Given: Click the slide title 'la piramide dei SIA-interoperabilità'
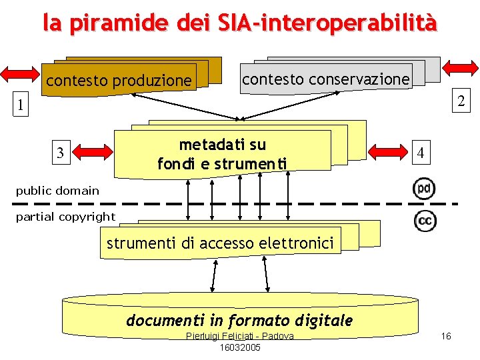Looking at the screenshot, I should pyautogui.click(x=240, y=23).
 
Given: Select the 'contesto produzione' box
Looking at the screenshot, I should pyautogui.click(x=119, y=81).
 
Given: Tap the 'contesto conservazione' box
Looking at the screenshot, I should pyautogui.click(x=325, y=79).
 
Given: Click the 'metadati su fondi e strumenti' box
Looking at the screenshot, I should pyautogui.click(x=222, y=154).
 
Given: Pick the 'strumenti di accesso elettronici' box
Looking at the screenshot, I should pyautogui.click(x=220, y=243).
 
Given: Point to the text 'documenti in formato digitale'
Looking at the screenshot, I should pyautogui.click(x=239, y=320).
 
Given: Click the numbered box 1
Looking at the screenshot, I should pyautogui.click(x=21, y=105).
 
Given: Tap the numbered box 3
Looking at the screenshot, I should pyautogui.click(x=61, y=153).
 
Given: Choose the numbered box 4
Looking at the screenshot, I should pyautogui.click(x=420, y=153).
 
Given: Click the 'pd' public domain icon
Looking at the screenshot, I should pyautogui.click(x=424, y=189).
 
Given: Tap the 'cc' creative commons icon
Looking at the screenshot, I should pyautogui.click(x=425, y=221).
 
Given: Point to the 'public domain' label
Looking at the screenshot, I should pyautogui.click(x=57, y=191).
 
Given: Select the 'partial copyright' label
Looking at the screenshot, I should pyautogui.click(x=65, y=217).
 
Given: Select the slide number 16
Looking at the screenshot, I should pyautogui.click(x=446, y=336).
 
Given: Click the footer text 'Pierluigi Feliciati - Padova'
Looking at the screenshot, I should pyautogui.click(x=240, y=336).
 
